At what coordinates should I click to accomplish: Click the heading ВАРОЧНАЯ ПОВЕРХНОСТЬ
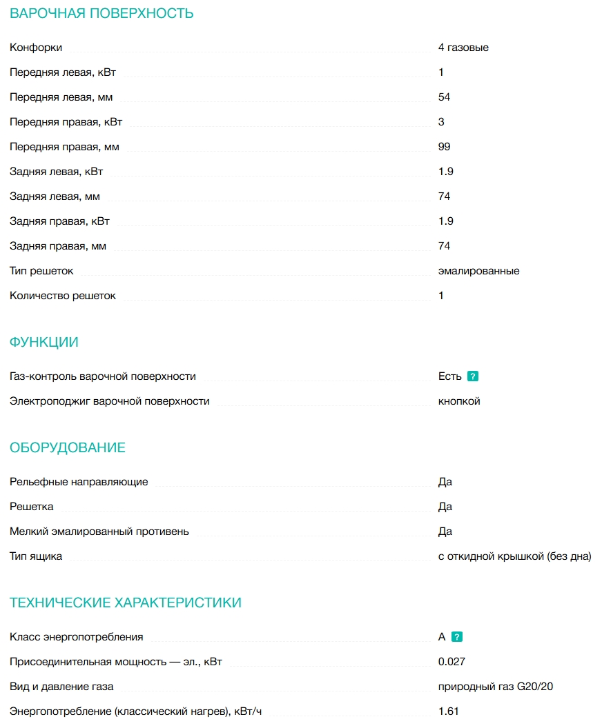(101, 13)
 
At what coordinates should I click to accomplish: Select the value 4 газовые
(463, 48)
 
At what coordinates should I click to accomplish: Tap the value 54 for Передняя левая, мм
(444, 97)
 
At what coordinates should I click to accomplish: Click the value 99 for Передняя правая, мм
(444, 147)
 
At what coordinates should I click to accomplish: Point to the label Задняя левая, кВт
(57, 172)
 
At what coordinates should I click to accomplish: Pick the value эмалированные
(478, 271)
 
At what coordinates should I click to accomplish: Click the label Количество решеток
(63, 296)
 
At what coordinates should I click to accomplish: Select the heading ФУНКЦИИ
(44, 342)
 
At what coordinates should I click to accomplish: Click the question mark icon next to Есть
(473, 376)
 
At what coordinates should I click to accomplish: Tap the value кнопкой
(459, 401)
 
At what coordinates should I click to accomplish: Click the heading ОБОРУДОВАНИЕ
(68, 447)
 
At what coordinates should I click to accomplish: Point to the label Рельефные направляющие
(79, 482)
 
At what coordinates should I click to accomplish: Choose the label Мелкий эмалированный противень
(99, 532)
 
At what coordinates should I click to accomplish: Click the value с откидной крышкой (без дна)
(514, 556)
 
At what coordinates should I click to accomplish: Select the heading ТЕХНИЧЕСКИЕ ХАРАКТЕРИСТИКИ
(126, 603)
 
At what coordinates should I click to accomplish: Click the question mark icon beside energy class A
(456, 637)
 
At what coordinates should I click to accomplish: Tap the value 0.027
(451, 662)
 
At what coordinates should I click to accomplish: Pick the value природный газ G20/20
(496, 687)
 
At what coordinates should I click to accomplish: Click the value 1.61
(448, 711)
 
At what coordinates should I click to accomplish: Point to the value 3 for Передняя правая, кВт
(441, 122)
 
